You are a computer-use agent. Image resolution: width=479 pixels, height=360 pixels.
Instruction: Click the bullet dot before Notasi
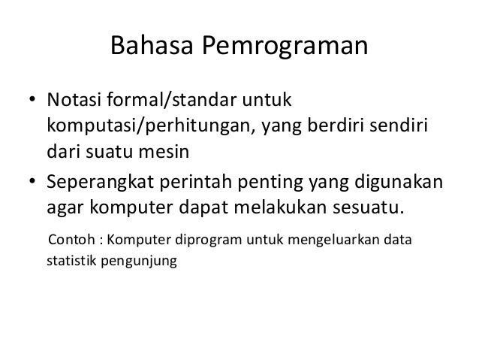click(33, 101)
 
